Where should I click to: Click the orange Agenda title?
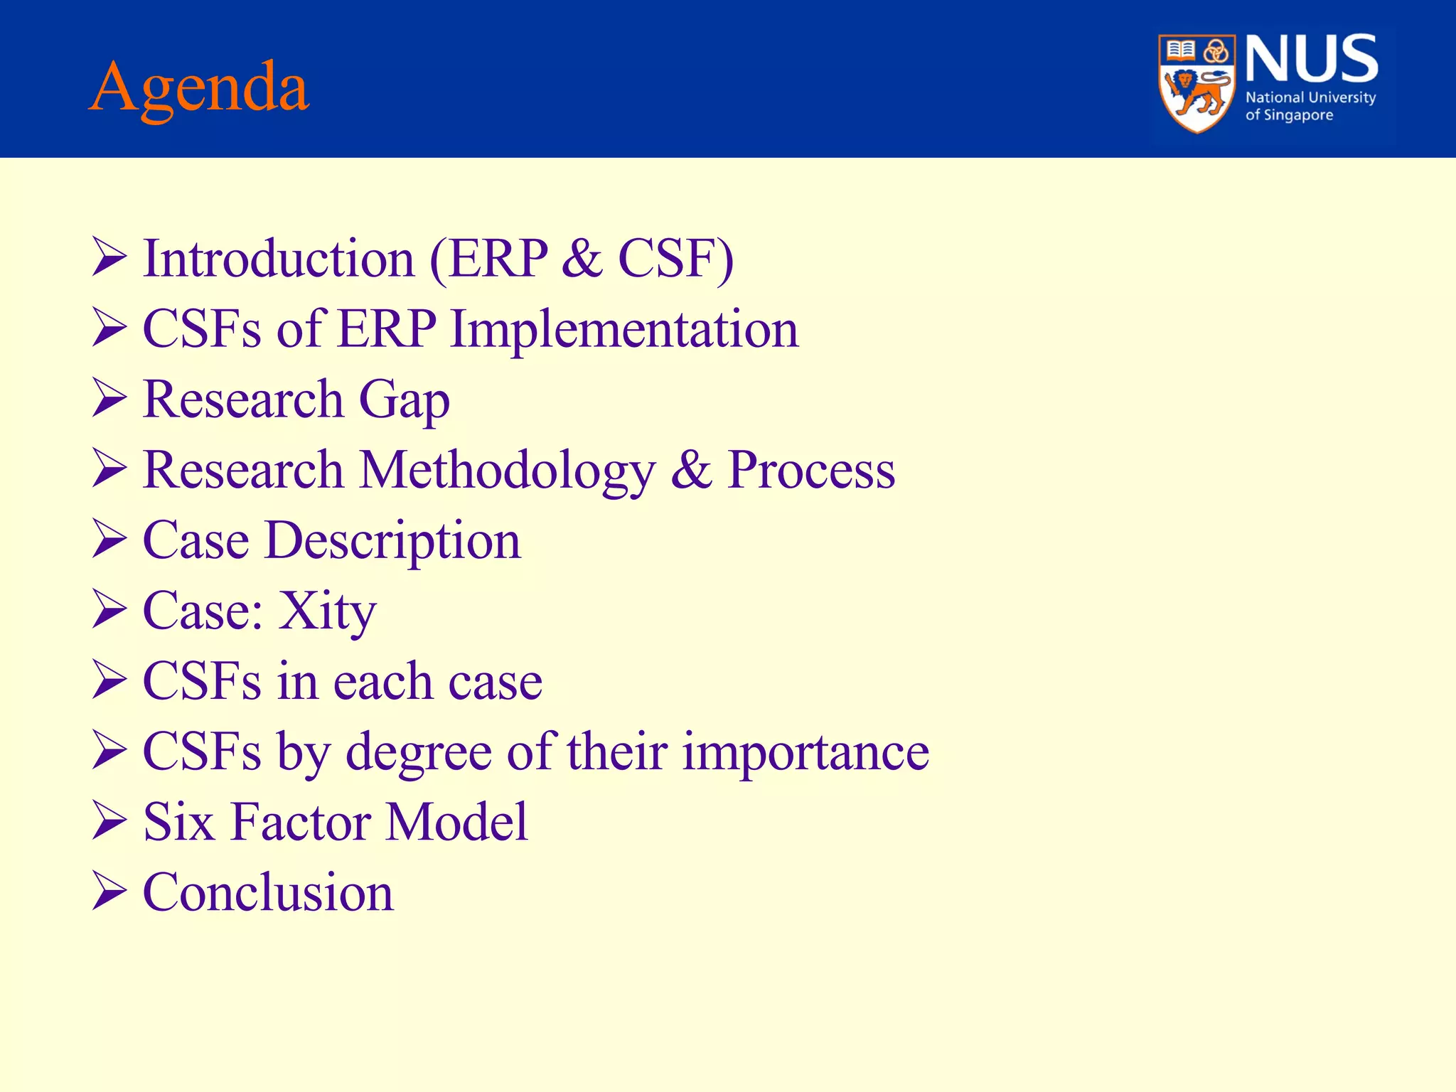click(x=199, y=88)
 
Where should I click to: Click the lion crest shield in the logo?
click(x=1197, y=84)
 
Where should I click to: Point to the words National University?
click(x=1310, y=97)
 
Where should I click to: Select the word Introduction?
click(x=279, y=258)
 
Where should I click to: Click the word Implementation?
click(x=624, y=329)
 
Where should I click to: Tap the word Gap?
click(x=404, y=400)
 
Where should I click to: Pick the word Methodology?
click(x=507, y=470)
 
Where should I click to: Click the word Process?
click(x=810, y=470)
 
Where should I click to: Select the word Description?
click(x=392, y=540)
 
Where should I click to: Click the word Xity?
click(x=326, y=611)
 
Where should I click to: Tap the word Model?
click(x=456, y=822)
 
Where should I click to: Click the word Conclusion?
click(x=268, y=892)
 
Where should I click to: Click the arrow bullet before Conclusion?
click(x=109, y=892)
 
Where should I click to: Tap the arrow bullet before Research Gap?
click(x=109, y=398)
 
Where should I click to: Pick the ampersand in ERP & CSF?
click(x=582, y=258)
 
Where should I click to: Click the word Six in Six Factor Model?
click(x=178, y=822)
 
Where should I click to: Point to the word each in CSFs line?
click(x=382, y=681)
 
